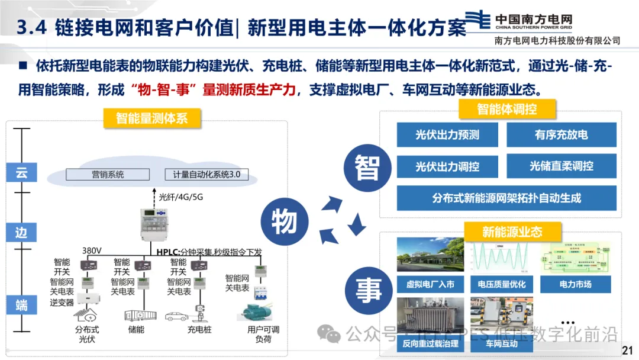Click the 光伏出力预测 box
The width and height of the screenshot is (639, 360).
click(x=447, y=135)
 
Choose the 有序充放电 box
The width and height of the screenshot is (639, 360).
click(x=561, y=135)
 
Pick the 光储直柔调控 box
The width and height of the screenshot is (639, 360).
click(x=561, y=166)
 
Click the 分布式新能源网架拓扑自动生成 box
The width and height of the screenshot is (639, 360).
click(x=506, y=198)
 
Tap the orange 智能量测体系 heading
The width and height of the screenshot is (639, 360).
click(x=151, y=118)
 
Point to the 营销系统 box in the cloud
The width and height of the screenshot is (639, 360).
click(x=108, y=175)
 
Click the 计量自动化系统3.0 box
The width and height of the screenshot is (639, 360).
click(x=206, y=175)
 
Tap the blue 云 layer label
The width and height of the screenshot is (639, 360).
click(x=21, y=173)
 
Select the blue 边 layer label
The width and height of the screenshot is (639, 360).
click(x=21, y=232)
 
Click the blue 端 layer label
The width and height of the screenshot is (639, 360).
click(x=21, y=306)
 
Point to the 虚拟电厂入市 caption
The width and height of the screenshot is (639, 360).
click(x=430, y=285)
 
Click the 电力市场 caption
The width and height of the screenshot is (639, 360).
click(x=575, y=285)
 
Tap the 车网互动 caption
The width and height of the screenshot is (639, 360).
click(x=502, y=343)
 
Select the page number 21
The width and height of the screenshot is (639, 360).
click(x=627, y=350)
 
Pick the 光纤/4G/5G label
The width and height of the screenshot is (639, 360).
click(x=181, y=197)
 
